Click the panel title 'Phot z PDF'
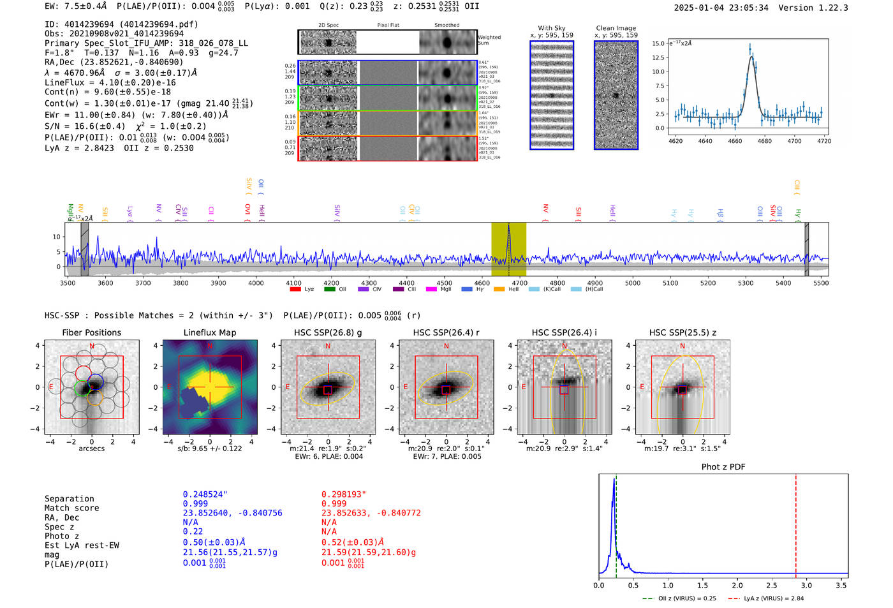pyautogui.click(x=723, y=467)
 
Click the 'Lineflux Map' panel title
pyautogui.click(x=209, y=332)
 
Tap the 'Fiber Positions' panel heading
pyautogui.click(x=91, y=332)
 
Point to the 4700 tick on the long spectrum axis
pyautogui.click(x=519, y=283)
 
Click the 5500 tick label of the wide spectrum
pyautogui.click(x=820, y=283)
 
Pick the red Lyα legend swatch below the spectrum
pyautogui.click(x=295, y=289)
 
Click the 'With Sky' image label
pyautogui.click(x=551, y=28)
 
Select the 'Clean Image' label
pyautogui.click(x=616, y=28)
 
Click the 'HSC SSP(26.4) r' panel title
pyautogui.click(x=446, y=332)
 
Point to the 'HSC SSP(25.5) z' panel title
pyautogui.click(x=683, y=332)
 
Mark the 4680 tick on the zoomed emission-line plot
pyautogui.click(x=764, y=141)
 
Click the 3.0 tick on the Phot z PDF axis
pyautogui.click(x=806, y=585)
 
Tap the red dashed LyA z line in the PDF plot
pyautogui.click(x=796, y=523)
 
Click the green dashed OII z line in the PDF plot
pyautogui.click(x=616, y=523)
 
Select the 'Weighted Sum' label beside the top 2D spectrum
pyautogui.click(x=489, y=40)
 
